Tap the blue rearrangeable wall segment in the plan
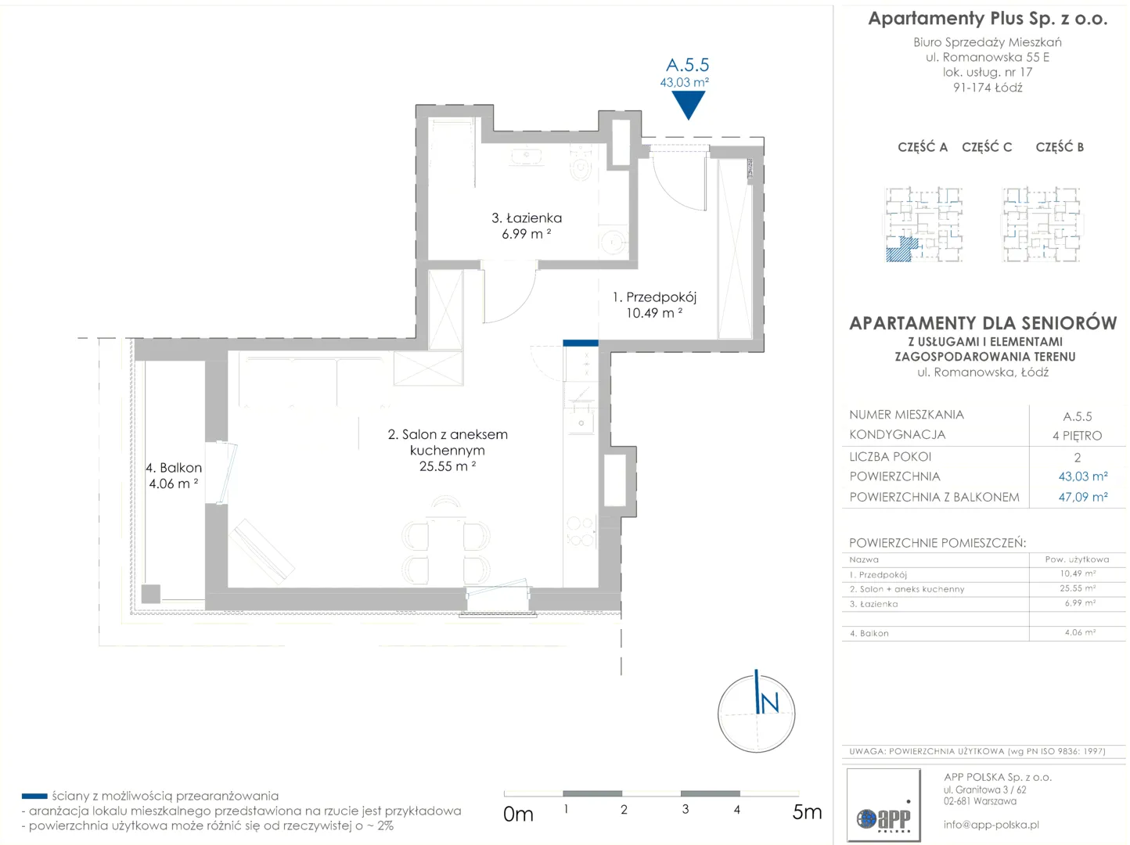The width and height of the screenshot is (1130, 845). click(x=580, y=343)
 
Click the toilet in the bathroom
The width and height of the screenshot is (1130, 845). click(x=581, y=164)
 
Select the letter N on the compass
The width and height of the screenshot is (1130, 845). click(x=769, y=703)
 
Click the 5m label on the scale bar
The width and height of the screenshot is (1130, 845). click(x=807, y=812)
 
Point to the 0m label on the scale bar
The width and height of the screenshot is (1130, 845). click(x=518, y=814)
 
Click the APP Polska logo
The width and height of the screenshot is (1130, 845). click(x=883, y=805)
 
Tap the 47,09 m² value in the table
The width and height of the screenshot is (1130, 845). click(x=1082, y=497)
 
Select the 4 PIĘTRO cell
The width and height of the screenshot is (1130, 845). click(x=1077, y=436)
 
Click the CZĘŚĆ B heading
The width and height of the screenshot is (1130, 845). click(x=1060, y=147)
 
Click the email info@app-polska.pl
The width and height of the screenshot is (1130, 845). click(x=991, y=825)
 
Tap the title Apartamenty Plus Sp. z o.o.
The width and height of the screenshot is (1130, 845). click(x=988, y=19)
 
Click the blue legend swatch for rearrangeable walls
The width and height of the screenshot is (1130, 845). click(x=34, y=796)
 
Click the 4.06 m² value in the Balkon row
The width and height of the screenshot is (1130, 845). click(x=1080, y=632)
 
